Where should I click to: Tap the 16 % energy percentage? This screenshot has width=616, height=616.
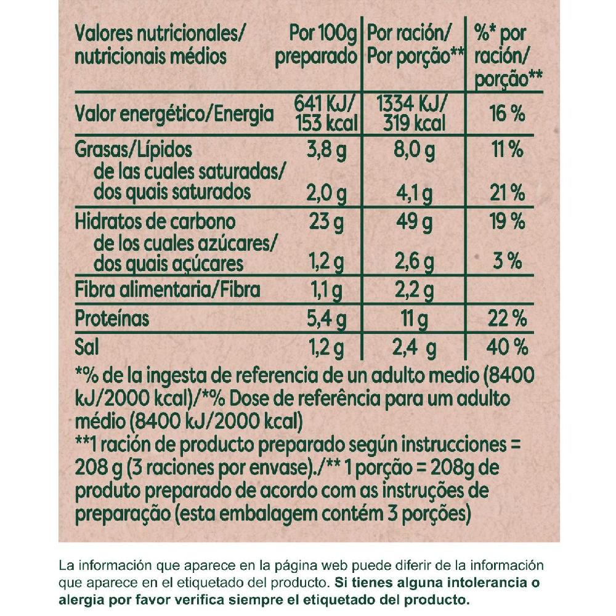[508, 114]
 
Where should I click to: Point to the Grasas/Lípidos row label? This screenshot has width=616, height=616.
[134, 150]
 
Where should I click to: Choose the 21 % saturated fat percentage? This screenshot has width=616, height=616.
[508, 193]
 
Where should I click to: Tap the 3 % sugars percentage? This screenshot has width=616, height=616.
[508, 262]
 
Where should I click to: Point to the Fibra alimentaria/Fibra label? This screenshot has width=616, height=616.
[167, 290]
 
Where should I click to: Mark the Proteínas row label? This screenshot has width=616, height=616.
[112, 318]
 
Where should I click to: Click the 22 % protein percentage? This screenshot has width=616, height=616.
[508, 319]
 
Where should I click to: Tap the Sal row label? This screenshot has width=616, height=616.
[86, 347]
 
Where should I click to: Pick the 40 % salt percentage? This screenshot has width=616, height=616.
[508, 347]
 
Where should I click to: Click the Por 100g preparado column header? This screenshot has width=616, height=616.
[316, 46]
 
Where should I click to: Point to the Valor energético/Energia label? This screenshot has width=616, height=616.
[173, 113]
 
